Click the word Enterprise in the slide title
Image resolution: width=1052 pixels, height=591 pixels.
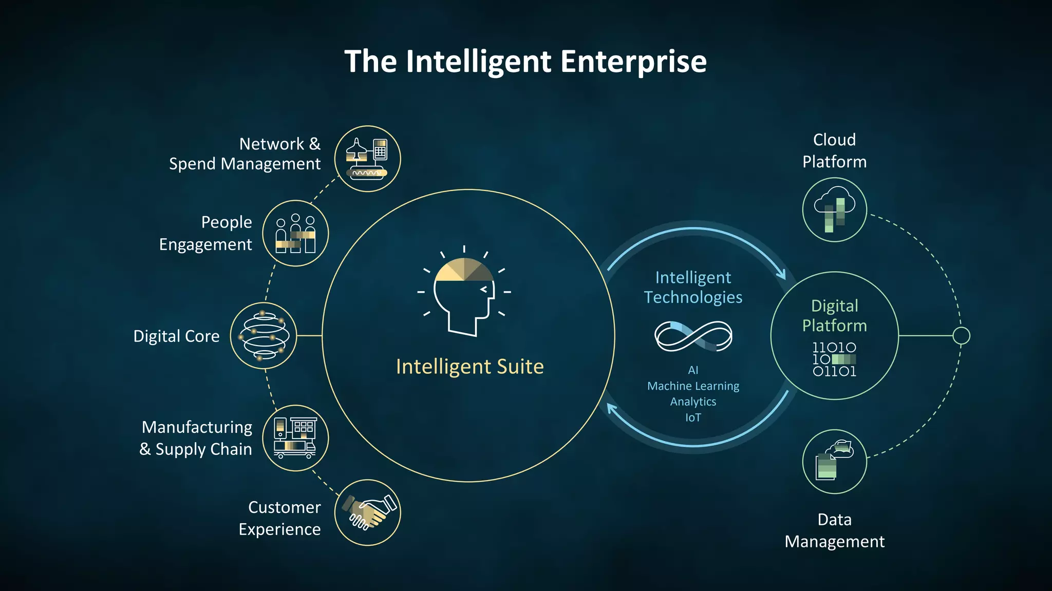(633, 62)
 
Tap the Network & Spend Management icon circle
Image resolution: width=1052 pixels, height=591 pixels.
(367, 159)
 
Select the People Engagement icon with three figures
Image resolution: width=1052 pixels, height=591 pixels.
(295, 234)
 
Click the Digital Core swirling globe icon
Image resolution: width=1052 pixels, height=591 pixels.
(264, 336)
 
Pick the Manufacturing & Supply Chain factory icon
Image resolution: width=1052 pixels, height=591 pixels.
(295, 438)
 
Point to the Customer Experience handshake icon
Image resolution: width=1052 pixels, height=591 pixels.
(368, 512)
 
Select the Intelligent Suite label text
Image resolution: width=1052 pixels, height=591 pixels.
(469, 367)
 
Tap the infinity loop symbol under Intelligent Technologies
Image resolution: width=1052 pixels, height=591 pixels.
(693, 336)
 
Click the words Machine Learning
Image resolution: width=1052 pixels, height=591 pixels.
(693, 386)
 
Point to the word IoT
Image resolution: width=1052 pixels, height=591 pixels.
(693, 417)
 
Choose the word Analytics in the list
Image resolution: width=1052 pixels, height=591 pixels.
(693, 402)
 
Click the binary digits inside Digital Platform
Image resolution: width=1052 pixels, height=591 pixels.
(834, 359)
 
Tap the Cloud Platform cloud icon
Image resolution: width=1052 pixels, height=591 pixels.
(835, 209)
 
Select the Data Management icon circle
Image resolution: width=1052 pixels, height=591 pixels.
(835, 462)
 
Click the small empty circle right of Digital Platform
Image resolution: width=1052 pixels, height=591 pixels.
(961, 336)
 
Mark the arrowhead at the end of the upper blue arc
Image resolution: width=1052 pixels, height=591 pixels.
(782, 274)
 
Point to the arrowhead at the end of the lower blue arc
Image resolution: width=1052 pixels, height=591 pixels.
(611, 409)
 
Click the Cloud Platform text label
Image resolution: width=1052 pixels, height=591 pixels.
(834, 151)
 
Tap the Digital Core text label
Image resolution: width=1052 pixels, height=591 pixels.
(176, 336)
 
